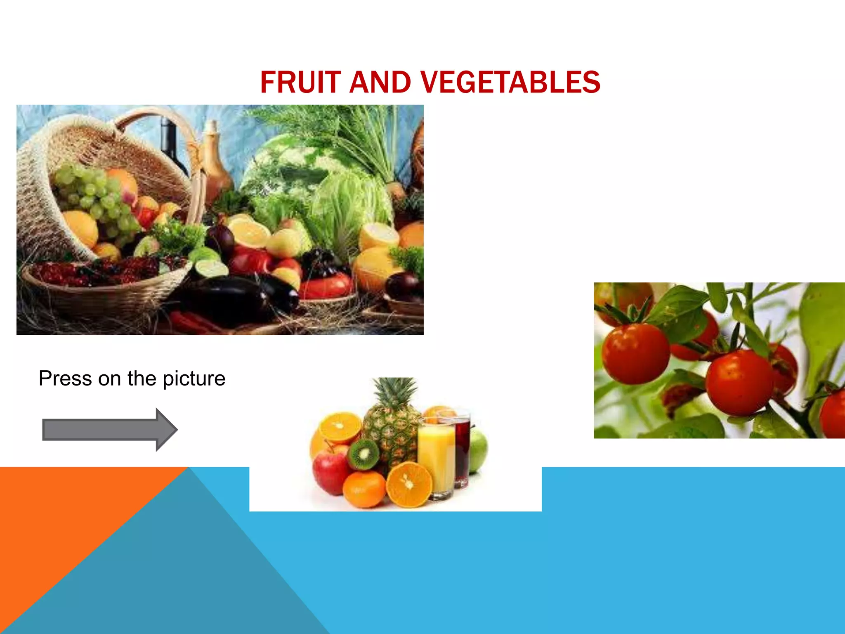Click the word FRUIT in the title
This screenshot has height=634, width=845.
click(x=300, y=82)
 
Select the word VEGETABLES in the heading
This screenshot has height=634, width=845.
click(x=511, y=82)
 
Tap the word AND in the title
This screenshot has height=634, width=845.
click(x=380, y=82)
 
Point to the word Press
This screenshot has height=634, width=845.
click(x=65, y=379)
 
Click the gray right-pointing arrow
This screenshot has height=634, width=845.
click(x=110, y=430)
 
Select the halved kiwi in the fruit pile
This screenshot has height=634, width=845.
click(x=364, y=454)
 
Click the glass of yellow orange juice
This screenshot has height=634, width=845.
click(x=436, y=458)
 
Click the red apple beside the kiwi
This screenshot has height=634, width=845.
click(x=330, y=468)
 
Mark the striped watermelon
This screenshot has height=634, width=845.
click(x=285, y=169)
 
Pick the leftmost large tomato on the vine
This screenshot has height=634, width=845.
click(x=635, y=353)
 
